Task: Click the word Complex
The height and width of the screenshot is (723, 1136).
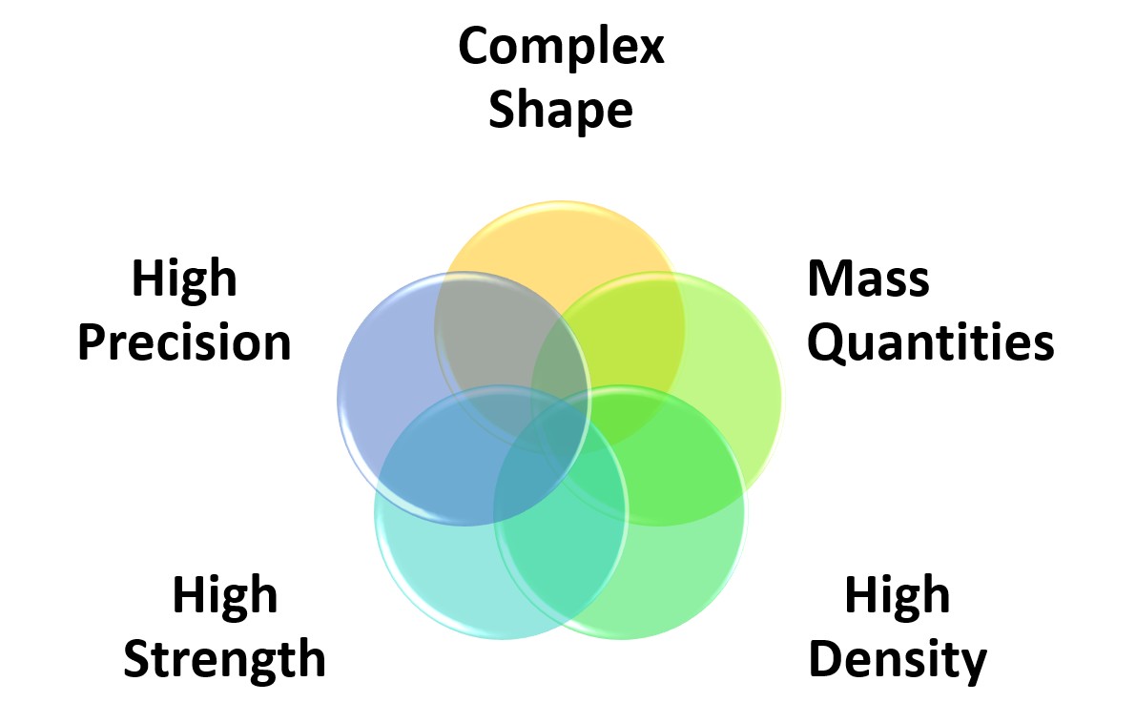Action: pos(561,47)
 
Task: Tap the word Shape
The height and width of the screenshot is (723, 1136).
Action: pos(561,111)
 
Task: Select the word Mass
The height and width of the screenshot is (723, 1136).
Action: pos(868,279)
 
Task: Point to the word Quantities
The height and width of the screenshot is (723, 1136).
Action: pos(930,343)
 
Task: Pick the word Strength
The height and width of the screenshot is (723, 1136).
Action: pos(225,659)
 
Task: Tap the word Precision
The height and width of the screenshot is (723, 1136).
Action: pos(184,343)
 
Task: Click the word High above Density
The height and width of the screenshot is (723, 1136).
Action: pos(898,596)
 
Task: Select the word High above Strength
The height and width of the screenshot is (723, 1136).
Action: pos(225,596)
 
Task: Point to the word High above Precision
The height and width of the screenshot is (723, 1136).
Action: pos(184,279)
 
